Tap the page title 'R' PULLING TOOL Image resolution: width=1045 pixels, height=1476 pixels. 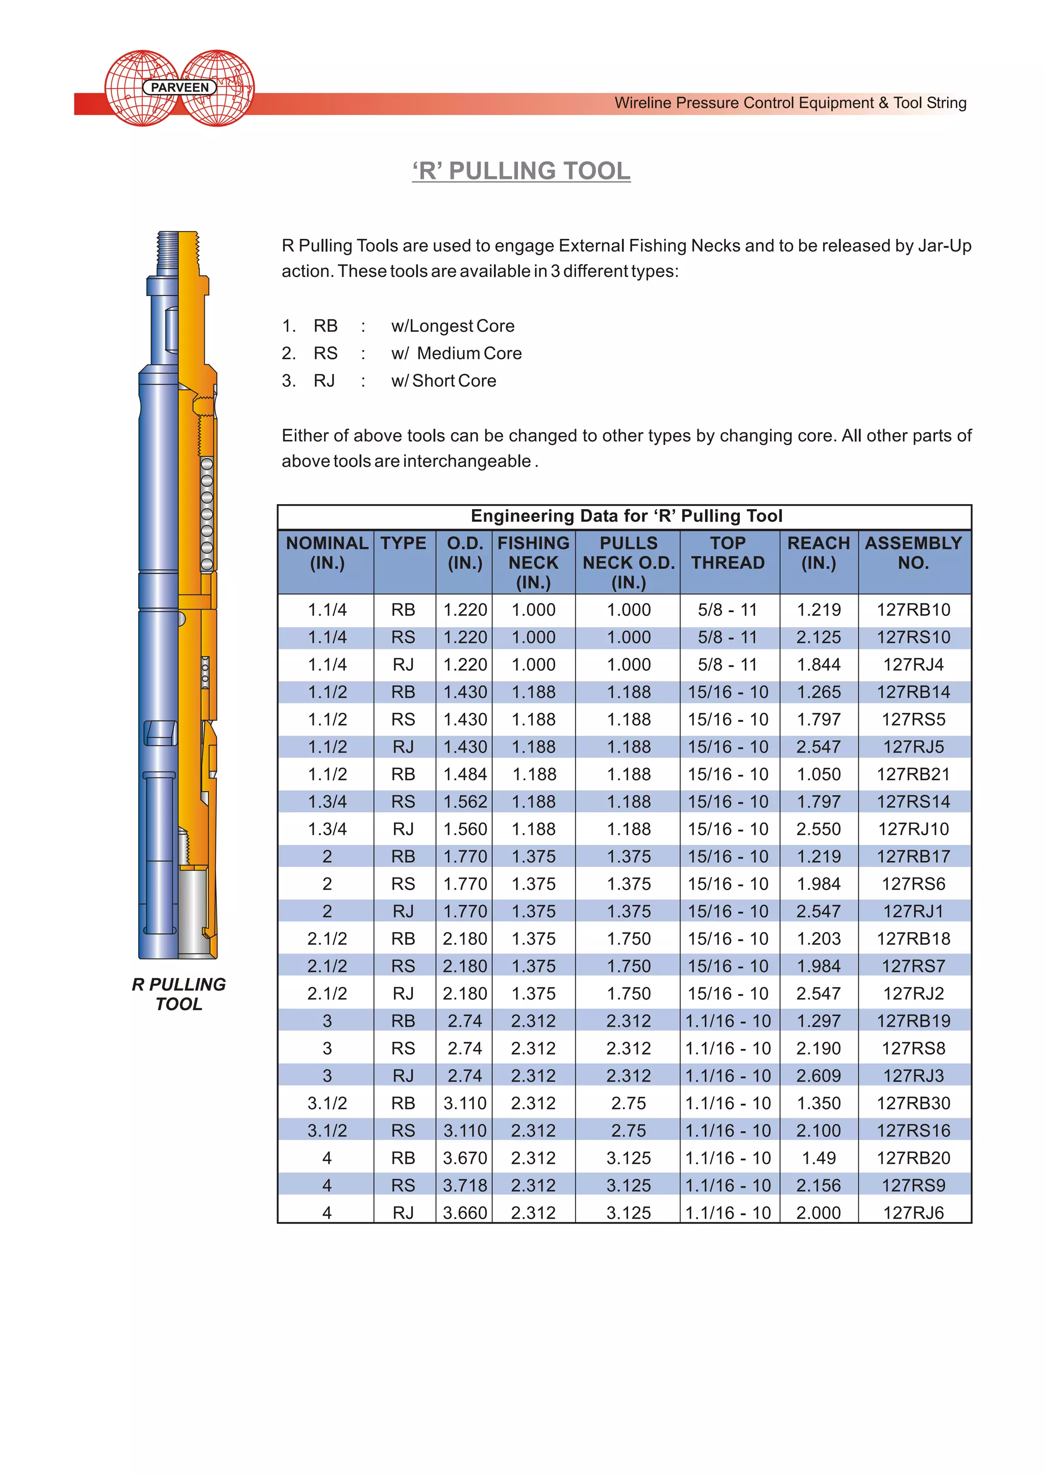521,171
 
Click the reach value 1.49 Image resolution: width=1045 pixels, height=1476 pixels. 818,1158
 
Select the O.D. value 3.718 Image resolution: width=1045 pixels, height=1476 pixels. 465,1185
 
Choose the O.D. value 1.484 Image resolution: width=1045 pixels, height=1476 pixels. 465,774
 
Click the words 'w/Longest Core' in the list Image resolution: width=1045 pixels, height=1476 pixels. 453,326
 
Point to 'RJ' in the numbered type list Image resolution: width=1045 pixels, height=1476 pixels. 325,381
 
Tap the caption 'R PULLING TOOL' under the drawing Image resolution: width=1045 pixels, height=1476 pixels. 179,994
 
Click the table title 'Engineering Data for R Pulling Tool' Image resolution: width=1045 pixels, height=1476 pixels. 626,516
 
